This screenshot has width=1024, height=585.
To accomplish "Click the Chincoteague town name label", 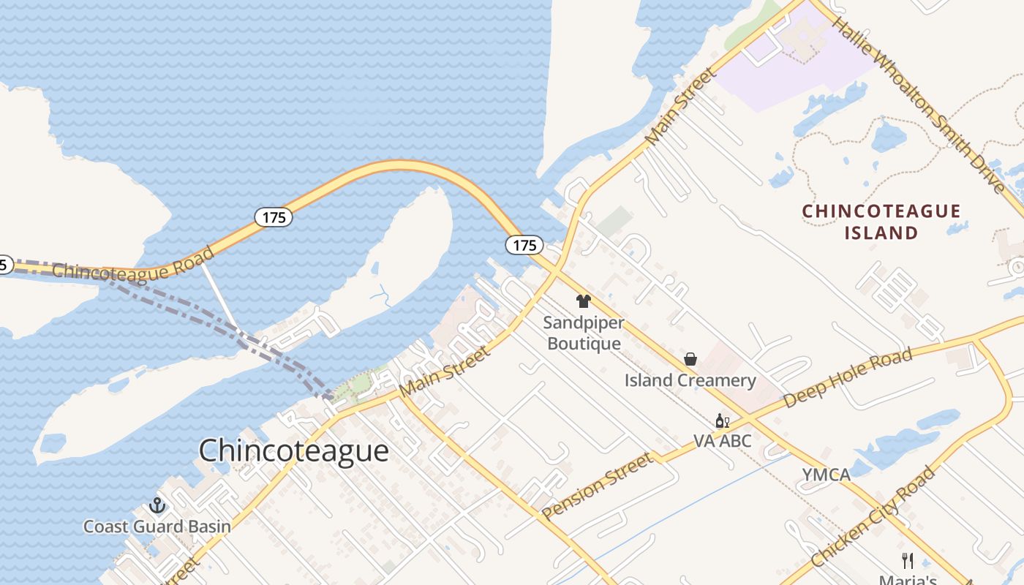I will (x=293, y=450).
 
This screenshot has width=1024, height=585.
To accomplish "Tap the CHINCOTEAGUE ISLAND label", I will (x=881, y=222).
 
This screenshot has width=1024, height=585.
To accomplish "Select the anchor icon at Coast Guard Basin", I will (x=157, y=505).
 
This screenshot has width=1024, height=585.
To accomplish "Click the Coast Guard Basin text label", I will (x=157, y=526).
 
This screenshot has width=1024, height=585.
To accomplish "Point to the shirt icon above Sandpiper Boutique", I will (x=583, y=301).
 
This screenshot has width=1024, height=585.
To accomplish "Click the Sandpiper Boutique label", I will (x=584, y=333).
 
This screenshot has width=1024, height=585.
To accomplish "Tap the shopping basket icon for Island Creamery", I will (x=690, y=359).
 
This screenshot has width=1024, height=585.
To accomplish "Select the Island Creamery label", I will (x=690, y=380).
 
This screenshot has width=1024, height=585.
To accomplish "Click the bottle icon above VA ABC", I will (x=722, y=420).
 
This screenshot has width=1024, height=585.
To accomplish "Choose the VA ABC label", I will (x=722, y=441).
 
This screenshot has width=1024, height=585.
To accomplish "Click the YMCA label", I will (x=827, y=475).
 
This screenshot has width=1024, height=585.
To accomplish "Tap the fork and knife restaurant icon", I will (x=908, y=561).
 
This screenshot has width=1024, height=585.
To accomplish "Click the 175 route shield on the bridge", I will (x=274, y=217).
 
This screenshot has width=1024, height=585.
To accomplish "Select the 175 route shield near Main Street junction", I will (x=524, y=246).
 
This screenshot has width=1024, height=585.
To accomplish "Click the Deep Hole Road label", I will (x=848, y=378).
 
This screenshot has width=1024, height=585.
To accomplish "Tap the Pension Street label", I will (x=597, y=486).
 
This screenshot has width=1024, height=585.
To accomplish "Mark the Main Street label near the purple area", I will (x=680, y=106).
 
